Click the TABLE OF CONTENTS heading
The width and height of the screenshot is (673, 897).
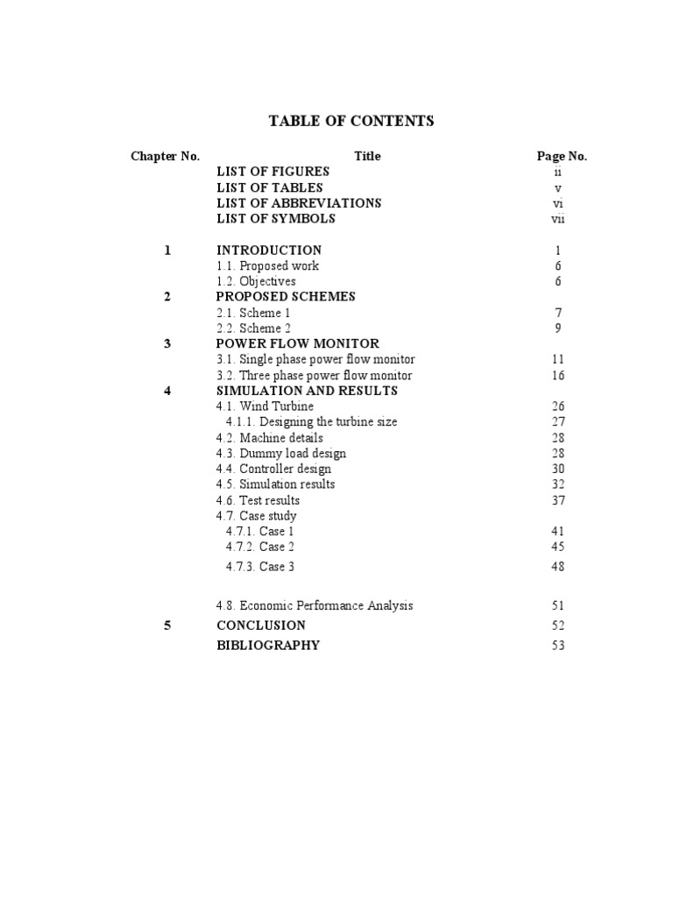click(x=351, y=122)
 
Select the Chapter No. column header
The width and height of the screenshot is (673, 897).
click(x=166, y=157)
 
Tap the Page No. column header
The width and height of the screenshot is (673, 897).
click(x=562, y=157)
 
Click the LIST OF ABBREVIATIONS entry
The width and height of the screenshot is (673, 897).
click(x=299, y=203)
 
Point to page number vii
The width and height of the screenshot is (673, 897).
click(x=557, y=219)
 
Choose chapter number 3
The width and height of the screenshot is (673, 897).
click(x=167, y=344)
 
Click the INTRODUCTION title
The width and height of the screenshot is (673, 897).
click(x=269, y=251)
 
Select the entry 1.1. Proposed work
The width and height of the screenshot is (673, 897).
click(x=267, y=266)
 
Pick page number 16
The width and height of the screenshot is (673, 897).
click(x=558, y=376)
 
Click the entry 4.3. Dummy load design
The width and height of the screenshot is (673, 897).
click(x=281, y=454)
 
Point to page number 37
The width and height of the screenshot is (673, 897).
click(x=558, y=501)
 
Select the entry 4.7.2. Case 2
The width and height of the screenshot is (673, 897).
click(x=259, y=547)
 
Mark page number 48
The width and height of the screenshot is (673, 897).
click(x=558, y=567)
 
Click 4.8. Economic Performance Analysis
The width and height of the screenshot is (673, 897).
click(x=315, y=606)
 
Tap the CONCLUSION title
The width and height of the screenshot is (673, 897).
click(x=261, y=625)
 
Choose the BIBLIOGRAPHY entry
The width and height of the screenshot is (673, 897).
click(x=268, y=646)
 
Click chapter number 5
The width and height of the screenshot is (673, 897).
click(x=167, y=625)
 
